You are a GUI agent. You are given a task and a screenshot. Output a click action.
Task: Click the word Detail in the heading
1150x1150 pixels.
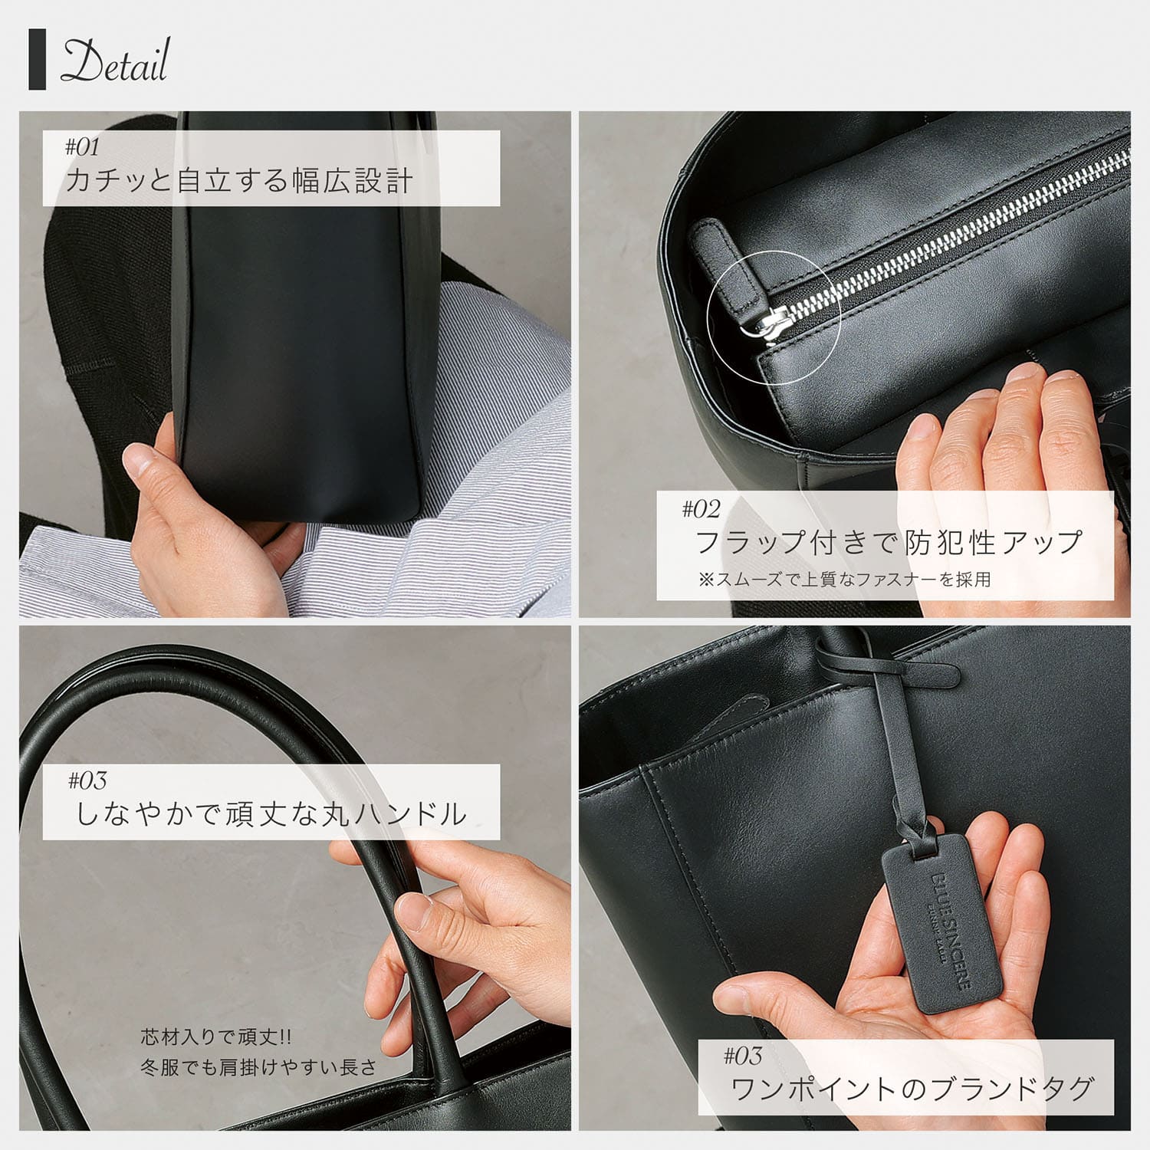tap(114, 61)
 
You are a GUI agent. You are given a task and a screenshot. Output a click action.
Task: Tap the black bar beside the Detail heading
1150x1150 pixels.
tap(37, 61)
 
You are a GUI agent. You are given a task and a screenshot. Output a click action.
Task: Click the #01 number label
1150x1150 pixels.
tap(82, 146)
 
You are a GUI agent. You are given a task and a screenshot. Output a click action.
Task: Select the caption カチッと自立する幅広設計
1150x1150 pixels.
tap(239, 181)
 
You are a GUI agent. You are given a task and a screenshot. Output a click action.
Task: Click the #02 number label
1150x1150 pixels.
tap(701, 508)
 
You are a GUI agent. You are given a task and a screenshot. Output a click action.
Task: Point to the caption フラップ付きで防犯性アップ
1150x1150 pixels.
tap(888, 542)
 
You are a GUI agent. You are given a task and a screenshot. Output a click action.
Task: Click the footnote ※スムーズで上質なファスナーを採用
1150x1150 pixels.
tap(844, 580)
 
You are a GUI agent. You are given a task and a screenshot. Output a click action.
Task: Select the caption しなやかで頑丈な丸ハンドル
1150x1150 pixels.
tap(271, 813)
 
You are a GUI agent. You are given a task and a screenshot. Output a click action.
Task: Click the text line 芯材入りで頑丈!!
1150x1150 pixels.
tap(216, 1038)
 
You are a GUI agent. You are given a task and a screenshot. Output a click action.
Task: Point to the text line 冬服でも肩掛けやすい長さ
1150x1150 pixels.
tap(258, 1066)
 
